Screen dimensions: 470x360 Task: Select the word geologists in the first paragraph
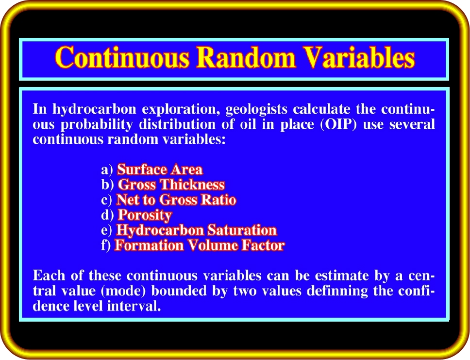[x=256, y=109]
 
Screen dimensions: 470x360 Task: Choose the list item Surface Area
[x=160, y=170]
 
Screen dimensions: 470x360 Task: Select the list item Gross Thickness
[x=171, y=185]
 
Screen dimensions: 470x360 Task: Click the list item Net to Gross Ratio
[x=176, y=200]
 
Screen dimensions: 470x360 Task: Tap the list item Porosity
[x=145, y=215]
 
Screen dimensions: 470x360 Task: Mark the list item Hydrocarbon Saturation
[x=196, y=230]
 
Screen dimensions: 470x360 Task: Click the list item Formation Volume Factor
[x=200, y=245]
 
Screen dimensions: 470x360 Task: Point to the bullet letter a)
[x=107, y=170]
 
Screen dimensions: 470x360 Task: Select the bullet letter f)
[x=106, y=245]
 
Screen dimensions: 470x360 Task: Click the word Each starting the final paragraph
[x=49, y=275]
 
